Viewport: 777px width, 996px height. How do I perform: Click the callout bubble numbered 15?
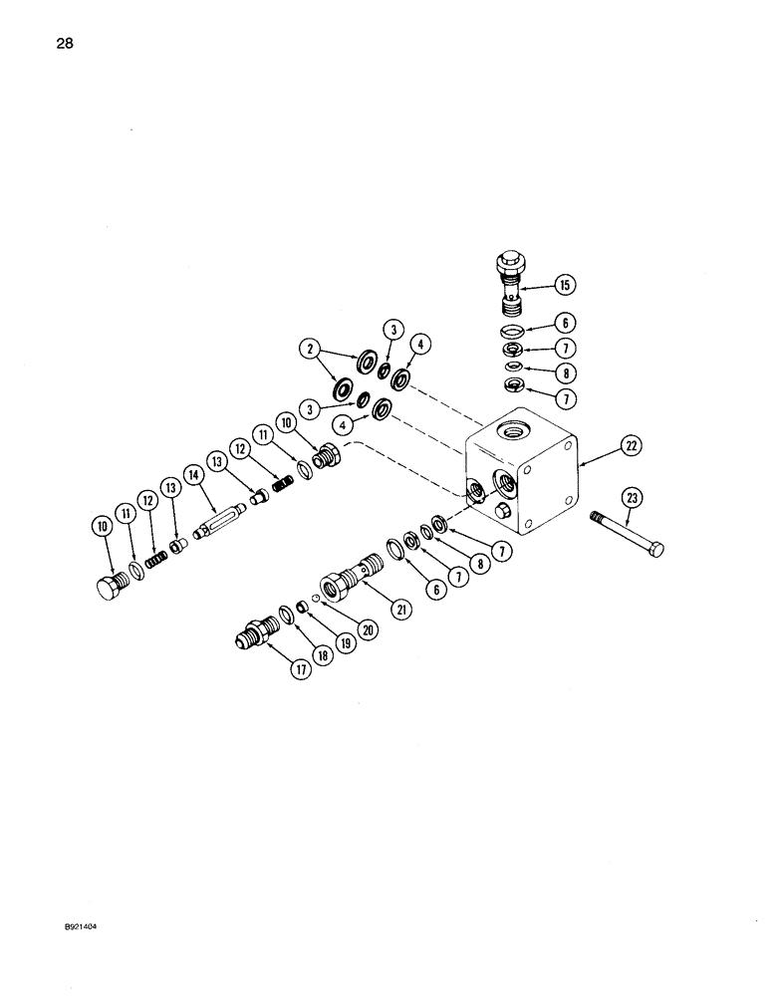point(565,285)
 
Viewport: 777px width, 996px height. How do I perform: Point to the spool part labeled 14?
point(221,521)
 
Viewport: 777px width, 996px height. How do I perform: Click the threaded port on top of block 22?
point(515,429)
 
